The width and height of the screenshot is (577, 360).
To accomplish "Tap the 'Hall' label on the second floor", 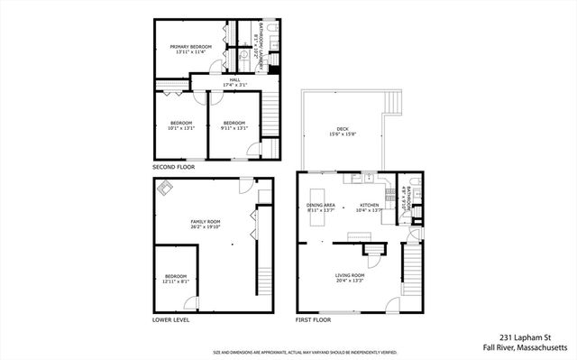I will pyautogui.click(x=234, y=81).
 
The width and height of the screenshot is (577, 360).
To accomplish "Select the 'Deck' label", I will pyautogui.click(x=343, y=129).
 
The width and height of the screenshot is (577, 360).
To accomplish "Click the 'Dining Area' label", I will pyautogui.click(x=321, y=205).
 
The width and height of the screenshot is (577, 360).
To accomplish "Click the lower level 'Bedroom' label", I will pyautogui.click(x=175, y=276).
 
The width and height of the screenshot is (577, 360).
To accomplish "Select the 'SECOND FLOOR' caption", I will pyautogui.click(x=175, y=168).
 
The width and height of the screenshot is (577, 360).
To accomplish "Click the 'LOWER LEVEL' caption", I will pyautogui.click(x=171, y=320).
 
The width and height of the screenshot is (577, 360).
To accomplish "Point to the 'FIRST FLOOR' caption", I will pyautogui.click(x=314, y=320).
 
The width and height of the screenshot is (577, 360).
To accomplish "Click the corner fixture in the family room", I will pyautogui.click(x=166, y=189).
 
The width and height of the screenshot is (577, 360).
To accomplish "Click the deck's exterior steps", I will pyautogui.click(x=391, y=101).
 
